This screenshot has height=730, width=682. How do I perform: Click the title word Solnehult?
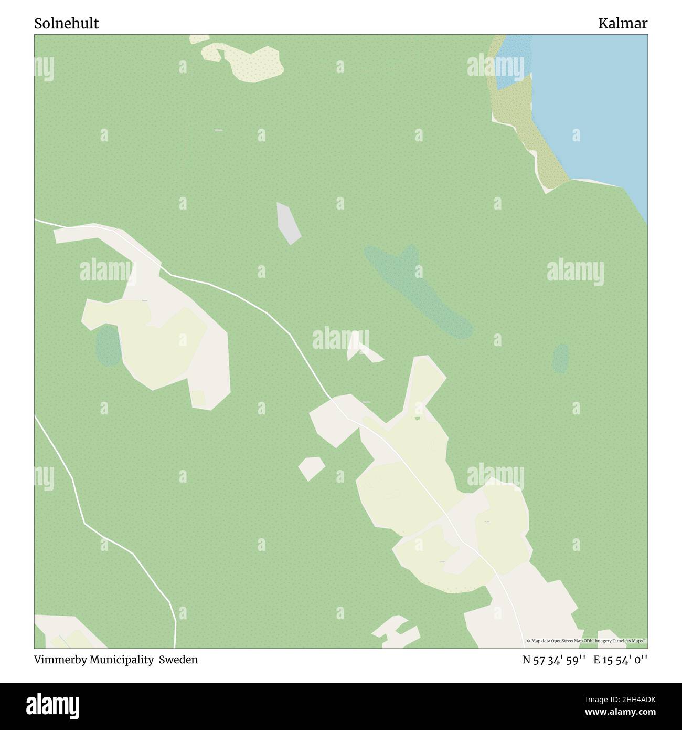(67, 24)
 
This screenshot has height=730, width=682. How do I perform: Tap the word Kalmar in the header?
(623, 24)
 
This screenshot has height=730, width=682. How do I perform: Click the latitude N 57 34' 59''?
(554, 660)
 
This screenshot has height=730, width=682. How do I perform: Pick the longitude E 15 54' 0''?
(621, 660)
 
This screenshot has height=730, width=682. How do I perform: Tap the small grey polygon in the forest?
(288, 223)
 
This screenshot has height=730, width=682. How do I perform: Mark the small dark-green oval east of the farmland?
(561, 358)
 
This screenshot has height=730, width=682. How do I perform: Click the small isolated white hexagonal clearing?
(311, 467)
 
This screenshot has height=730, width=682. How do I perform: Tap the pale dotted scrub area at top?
(247, 60)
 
